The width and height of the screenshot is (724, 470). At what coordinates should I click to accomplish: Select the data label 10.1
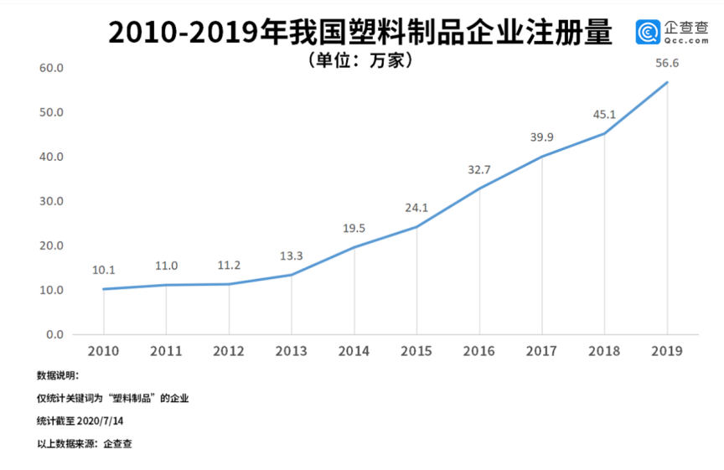coord(104,270)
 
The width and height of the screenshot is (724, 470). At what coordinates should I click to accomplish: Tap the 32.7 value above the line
coord(479,170)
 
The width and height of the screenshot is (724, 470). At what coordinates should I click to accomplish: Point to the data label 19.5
coord(354,228)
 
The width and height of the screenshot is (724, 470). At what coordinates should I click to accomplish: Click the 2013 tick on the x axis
coord(291,351)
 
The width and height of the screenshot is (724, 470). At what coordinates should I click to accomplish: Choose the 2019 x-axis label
coord(667,351)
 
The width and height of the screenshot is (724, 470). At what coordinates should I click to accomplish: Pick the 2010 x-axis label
coord(103,351)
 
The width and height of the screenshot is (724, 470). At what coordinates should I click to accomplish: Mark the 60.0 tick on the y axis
coord(52,68)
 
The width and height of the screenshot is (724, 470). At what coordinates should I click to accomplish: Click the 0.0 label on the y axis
coord(55,335)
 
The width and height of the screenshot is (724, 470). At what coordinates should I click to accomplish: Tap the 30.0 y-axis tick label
coord(52,201)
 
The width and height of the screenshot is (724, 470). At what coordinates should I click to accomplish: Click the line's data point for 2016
coord(479,188)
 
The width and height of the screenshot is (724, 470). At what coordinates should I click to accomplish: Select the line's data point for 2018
coord(604,133)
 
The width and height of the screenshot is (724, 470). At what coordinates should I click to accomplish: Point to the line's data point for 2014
coord(354,247)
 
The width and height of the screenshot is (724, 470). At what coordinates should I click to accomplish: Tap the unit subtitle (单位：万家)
coord(362,60)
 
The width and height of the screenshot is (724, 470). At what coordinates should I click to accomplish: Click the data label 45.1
coord(604,115)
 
